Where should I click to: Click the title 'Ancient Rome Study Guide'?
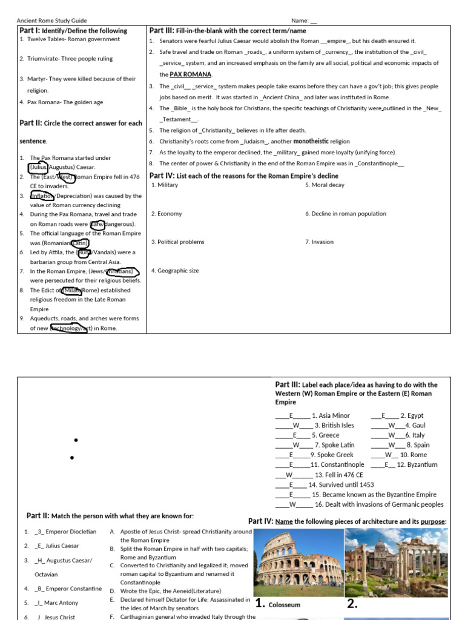click(x=51, y=21)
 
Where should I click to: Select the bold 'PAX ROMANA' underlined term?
click(x=191, y=74)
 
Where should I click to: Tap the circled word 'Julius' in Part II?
click(x=38, y=167)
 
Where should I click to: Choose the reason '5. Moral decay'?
click(x=328, y=185)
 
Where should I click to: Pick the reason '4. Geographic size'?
click(x=175, y=271)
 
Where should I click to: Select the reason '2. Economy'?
click(x=167, y=214)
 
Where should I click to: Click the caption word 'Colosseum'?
click(x=285, y=604)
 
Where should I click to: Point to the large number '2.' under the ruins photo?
click(x=353, y=603)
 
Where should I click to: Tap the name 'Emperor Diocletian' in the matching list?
click(x=71, y=532)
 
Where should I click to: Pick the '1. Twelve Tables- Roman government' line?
click(x=70, y=39)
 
